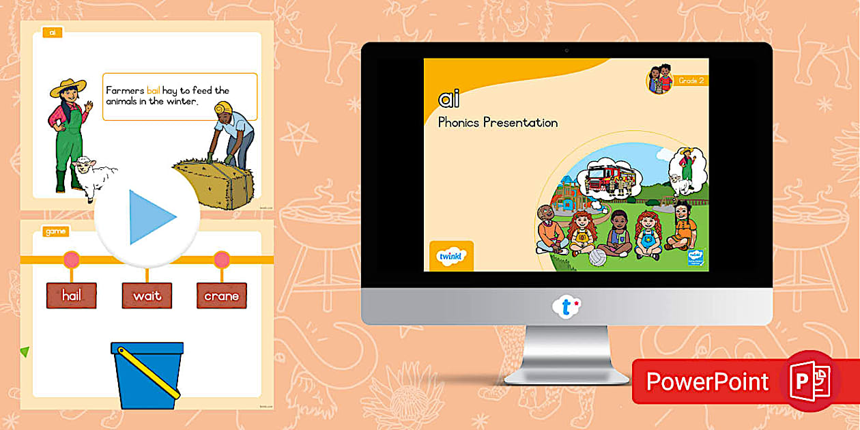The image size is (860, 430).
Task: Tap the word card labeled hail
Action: pyautogui.click(x=72, y=296)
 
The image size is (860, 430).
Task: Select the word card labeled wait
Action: pyautogui.click(x=147, y=296)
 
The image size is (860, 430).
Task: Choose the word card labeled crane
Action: pyautogui.click(x=222, y=296)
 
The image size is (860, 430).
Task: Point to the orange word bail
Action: pyautogui.click(x=153, y=90)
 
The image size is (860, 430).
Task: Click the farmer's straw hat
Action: pyautogui.click(x=68, y=87)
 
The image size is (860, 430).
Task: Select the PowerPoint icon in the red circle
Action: pyautogui.click(x=810, y=380)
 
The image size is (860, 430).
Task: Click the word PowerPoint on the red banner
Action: pyautogui.click(x=707, y=382)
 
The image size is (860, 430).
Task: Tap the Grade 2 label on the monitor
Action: pyautogui.click(x=690, y=81)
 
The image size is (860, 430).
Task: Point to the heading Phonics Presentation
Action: pyautogui.click(x=498, y=123)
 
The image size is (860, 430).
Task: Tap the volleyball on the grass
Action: pyautogui.click(x=599, y=257)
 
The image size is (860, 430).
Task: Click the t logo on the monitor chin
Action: pyautogui.click(x=566, y=307)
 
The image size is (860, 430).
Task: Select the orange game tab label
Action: pyautogui.click(x=55, y=231)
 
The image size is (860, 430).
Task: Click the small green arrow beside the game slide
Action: pyautogui.click(x=25, y=352)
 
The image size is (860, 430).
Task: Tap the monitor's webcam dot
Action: pyautogui.click(x=566, y=50)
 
